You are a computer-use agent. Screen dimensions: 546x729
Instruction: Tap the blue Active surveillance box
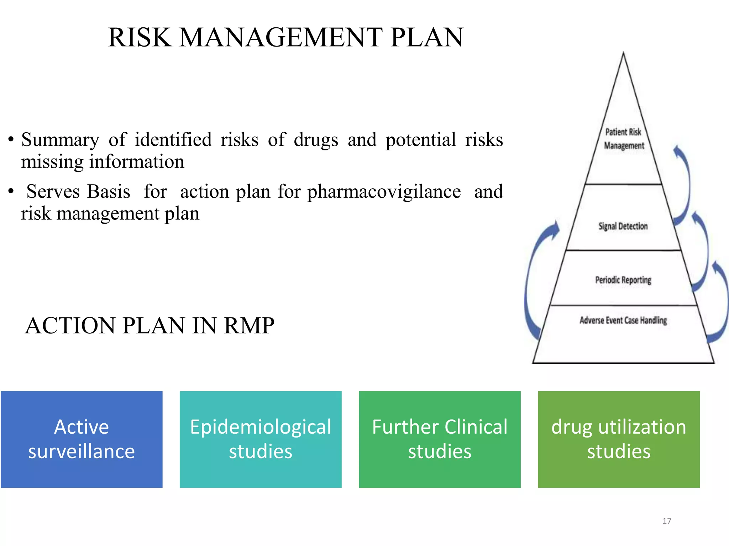(x=82, y=439)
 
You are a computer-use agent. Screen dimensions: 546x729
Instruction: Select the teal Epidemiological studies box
(x=261, y=439)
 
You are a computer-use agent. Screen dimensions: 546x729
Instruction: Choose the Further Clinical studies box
(x=440, y=439)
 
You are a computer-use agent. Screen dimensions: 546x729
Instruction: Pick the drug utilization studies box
(x=619, y=439)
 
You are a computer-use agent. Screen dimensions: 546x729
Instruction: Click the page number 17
(x=667, y=521)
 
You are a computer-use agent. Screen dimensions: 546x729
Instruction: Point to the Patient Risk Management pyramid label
(x=624, y=139)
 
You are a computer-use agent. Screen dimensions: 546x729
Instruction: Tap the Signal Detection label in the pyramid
(x=623, y=226)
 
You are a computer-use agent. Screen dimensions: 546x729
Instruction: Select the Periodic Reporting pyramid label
(x=623, y=280)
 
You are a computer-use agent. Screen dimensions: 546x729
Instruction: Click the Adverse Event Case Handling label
(x=623, y=321)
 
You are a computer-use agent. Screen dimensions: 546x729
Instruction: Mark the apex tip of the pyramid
(x=623, y=53)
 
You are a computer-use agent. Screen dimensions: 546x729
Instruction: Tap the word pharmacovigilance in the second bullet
(x=384, y=192)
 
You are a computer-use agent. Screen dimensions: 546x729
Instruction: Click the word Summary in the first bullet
(x=60, y=140)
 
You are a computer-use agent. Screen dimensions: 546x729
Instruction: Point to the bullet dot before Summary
(x=11, y=140)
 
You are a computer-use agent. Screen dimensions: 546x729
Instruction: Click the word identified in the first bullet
(x=173, y=140)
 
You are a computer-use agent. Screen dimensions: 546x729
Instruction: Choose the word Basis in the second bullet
(x=109, y=192)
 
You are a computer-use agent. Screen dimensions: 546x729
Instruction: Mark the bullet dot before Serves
(x=11, y=192)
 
